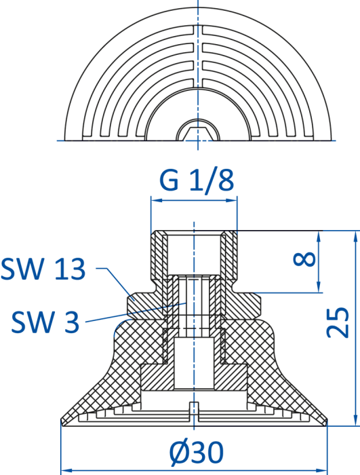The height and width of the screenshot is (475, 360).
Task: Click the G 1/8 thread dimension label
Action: point(197,180)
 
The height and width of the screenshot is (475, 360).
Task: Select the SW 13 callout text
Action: point(43,269)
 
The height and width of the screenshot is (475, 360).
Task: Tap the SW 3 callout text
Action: point(45,322)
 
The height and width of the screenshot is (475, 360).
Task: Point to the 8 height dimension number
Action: point(305,260)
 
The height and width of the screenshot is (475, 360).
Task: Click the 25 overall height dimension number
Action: point(338,322)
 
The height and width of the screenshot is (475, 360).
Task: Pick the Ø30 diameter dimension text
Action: point(197,453)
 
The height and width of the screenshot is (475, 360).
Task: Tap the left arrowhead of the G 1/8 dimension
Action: point(157,200)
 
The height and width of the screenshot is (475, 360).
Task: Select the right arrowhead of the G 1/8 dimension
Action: point(231,200)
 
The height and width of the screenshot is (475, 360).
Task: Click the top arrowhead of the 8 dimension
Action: point(319,237)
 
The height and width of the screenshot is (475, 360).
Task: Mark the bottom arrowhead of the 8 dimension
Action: point(319,286)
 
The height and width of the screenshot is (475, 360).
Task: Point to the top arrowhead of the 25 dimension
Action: point(355,237)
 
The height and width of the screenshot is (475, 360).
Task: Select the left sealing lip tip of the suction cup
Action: point(62,421)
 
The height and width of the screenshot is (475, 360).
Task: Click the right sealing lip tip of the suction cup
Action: point(326,421)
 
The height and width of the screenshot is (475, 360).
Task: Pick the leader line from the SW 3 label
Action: point(136,312)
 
